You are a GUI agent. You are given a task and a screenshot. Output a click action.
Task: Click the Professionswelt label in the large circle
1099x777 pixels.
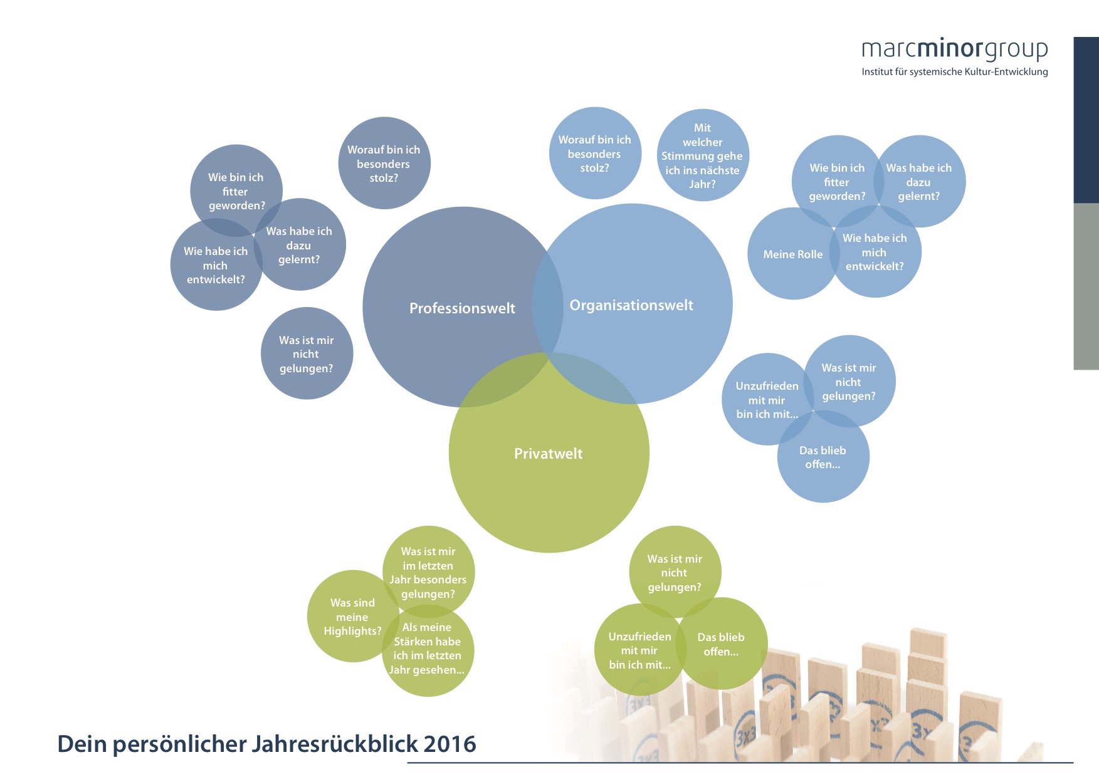462,308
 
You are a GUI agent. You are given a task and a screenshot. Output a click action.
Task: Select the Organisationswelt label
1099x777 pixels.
631,305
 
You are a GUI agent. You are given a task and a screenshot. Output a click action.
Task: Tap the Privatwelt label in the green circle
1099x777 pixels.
549,454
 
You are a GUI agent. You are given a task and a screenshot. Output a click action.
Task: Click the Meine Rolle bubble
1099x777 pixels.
792,254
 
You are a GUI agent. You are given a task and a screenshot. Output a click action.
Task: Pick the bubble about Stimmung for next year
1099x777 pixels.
703,155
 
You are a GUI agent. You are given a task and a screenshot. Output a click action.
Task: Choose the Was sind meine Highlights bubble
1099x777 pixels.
353,617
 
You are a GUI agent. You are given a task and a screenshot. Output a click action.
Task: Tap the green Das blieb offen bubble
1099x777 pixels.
722,644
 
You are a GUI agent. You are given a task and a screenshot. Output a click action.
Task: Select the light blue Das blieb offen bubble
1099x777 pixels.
823,457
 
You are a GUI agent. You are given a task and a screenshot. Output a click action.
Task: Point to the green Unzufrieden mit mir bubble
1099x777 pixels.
640,650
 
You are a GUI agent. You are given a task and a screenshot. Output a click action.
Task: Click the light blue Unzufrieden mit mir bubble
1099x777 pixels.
767,400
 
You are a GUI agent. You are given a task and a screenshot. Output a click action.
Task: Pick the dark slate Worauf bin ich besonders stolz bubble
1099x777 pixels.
384,163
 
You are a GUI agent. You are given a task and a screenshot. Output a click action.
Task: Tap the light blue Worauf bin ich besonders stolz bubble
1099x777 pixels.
595,154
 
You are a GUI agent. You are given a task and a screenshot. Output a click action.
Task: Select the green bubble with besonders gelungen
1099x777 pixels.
429,572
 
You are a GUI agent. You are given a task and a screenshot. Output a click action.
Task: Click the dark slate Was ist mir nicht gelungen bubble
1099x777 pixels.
307,353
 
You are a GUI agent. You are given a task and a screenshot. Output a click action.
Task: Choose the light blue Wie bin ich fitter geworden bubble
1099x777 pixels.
838,182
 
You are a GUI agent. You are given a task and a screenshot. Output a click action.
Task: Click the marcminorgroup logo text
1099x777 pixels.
955,50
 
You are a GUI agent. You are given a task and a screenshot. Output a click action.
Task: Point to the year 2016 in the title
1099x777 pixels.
450,744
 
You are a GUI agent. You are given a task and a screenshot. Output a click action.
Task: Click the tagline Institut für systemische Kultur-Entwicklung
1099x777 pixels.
955,72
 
